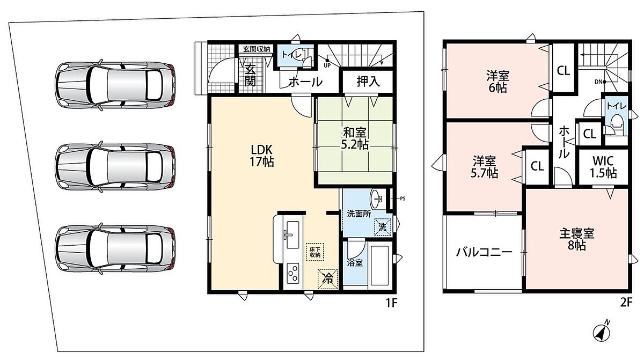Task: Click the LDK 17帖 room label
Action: (x=262, y=156)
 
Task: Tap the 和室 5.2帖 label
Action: (x=355, y=138)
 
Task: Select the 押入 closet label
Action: (x=368, y=82)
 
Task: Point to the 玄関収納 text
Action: (x=257, y=49)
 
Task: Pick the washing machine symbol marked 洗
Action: (x=383, y=227)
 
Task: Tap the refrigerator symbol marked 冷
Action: (x=327, y=278)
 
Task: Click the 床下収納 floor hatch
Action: (x=315, y=252)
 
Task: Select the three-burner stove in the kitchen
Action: (x=293, y=273)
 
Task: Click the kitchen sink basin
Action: (x=293, y=235)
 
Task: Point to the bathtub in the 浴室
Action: (x=379, y=265)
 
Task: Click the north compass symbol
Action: (x=602, y=333)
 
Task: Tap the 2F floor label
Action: (x=626, y=303)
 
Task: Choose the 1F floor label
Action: (x=391, y=303)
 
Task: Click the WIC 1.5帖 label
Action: (x=603, y=167)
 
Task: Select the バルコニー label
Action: (x=485, y=252)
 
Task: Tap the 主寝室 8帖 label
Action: (x=577, y=240)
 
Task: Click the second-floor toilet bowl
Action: (x=616, y=123)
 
